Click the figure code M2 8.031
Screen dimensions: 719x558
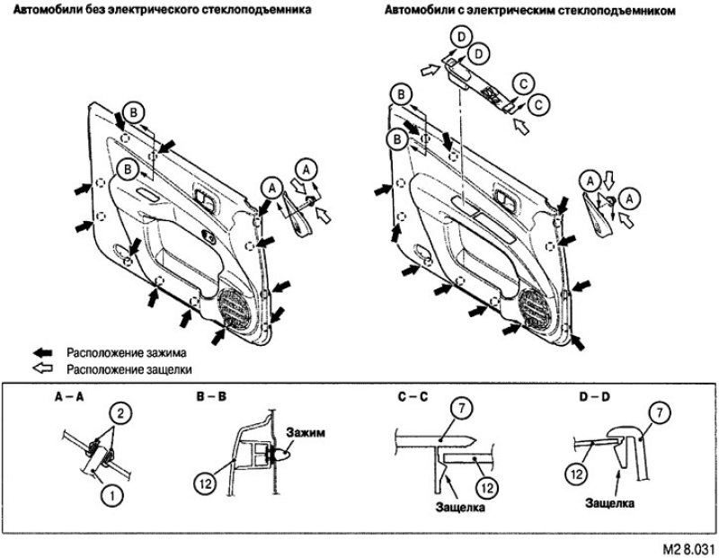click(x=688, y=549)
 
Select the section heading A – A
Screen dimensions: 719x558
click(x=69, y=397)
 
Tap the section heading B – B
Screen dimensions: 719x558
click(x=211, y=397)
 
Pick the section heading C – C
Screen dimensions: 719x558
click(x=413, y=397)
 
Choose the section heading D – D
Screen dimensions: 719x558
click(x=595, y=397)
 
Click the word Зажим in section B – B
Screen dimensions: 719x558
click(x=306, y=432)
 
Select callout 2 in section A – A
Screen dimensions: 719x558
click(x=120, y=414)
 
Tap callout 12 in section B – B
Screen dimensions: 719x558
click(x=206, y=483)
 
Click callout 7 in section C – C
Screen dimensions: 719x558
click(x=462, y=409)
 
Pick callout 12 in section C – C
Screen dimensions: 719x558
click(x=487, y=488)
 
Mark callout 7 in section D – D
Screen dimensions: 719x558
click(x=660, y=414)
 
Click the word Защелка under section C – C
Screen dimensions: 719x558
click(x=460, y=508)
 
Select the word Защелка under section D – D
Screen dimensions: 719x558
click(x=610, y=503)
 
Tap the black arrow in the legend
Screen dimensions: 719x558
click(x=43, y=353)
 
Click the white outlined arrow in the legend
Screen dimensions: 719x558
click(x=43, y=368)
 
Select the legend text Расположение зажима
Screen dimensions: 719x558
click(x=127, y=353)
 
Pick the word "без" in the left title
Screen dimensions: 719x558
click(x=95, y=9)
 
